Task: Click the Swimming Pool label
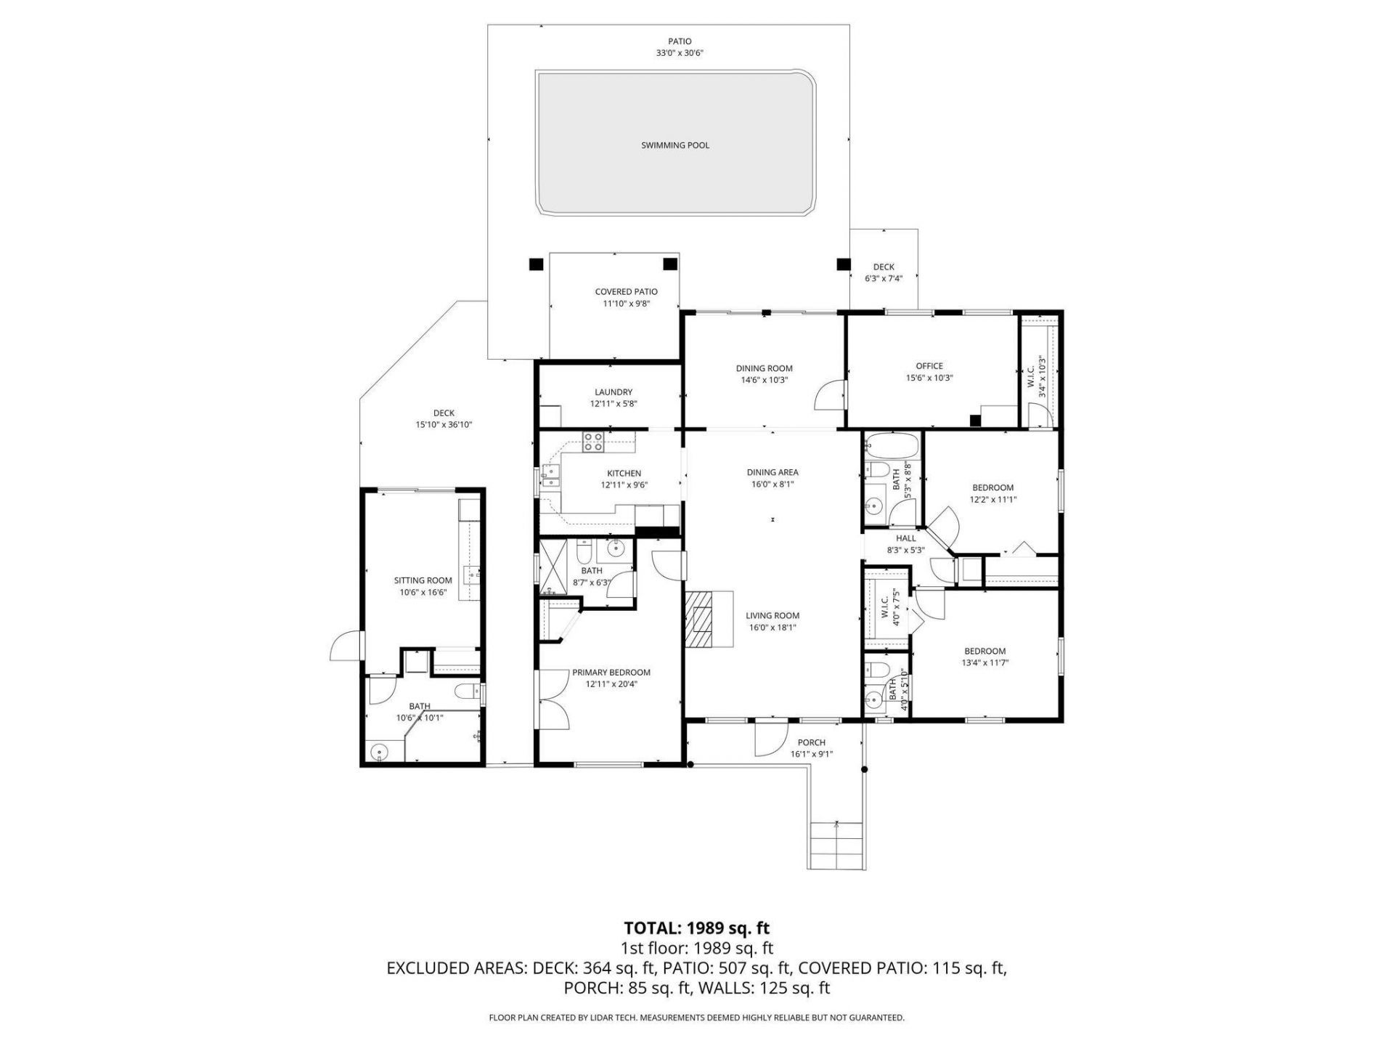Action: [674, 145]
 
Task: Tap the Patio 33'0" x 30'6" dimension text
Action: [680, 53]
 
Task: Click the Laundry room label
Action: [613, 392]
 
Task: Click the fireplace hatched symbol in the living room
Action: [701, 618]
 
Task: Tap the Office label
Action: [929, 366]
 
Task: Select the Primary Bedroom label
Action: [611, 673]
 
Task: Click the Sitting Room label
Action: [423, 580]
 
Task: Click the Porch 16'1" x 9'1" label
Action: [811, 748]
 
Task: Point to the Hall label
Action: [905, 538]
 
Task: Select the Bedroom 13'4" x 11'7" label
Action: [985, 657]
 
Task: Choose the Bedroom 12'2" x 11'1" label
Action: [992, 493]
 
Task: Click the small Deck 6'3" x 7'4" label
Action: [884, 272]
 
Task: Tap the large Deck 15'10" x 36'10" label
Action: [444, 418]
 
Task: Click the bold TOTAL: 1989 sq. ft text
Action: [696, 928]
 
